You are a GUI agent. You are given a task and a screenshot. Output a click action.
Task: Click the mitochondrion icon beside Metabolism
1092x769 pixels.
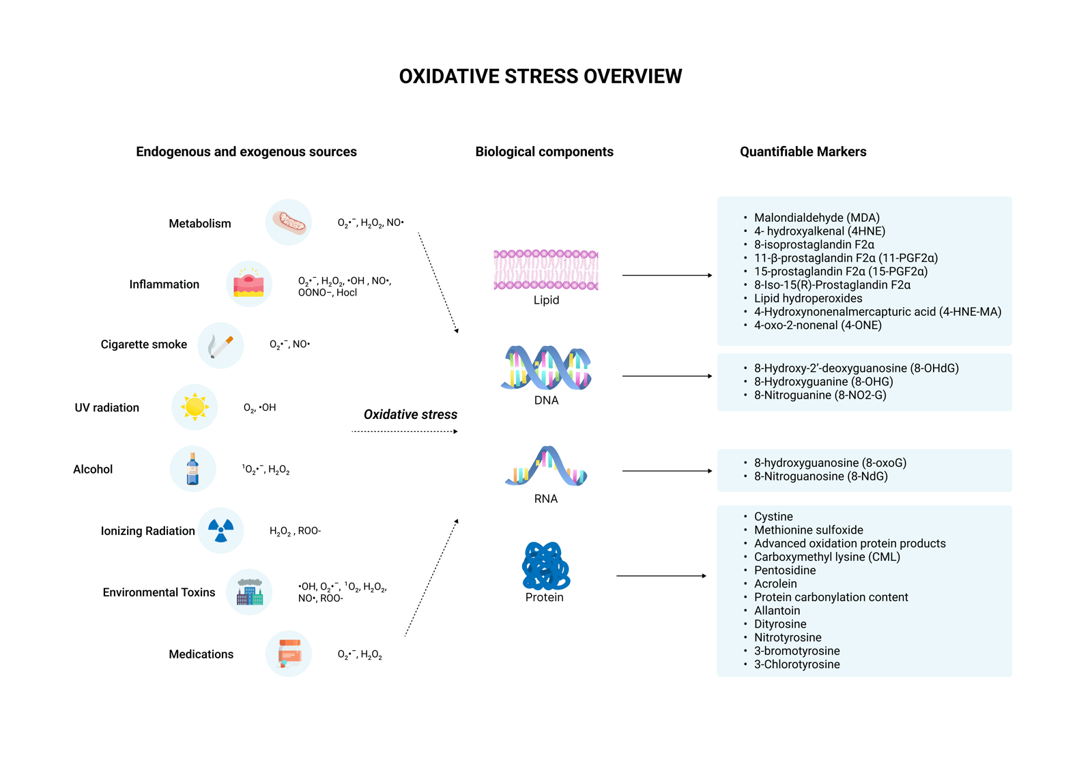[x=289, y=222]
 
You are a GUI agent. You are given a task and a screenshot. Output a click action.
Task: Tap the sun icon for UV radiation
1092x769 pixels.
[x=195, y=407]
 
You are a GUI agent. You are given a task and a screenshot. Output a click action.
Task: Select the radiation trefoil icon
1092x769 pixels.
[x=220, y=530]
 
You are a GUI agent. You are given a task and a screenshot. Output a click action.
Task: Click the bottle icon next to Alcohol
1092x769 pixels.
[x=192, y=469]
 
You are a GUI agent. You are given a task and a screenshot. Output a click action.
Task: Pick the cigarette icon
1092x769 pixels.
[x=220, y=345]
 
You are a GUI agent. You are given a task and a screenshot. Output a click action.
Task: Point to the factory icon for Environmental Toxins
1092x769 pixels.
[x=249, y=592]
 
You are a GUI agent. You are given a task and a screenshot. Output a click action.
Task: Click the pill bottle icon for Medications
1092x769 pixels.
[x=289, y=654]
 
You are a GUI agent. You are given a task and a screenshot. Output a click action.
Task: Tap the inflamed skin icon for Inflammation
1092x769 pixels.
[x=248, y=284]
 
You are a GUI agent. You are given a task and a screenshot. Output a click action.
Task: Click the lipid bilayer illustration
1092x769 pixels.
[x=546, y=270]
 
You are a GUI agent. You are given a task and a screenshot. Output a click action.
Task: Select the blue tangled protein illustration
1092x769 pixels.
[x=545, y=566]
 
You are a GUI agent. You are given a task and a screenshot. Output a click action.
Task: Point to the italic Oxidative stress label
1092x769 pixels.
[x=410, y=414]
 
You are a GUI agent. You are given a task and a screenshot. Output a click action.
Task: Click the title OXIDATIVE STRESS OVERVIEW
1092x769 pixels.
[x=541, y=76]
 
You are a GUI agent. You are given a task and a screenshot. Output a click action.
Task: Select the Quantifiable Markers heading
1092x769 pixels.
[x=803, y=151]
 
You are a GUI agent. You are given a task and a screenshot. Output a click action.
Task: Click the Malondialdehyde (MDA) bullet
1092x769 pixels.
[x=816, y=218]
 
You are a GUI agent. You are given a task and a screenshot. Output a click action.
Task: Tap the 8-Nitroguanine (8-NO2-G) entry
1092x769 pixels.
[x=820, y=395]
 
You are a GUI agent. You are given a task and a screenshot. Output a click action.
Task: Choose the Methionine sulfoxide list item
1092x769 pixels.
[x=808, y=530]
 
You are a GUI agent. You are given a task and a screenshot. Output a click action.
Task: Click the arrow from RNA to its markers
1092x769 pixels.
[x=667, y=471]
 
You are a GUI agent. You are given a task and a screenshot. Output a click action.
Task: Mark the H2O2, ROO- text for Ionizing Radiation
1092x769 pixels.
[x=295, y=531]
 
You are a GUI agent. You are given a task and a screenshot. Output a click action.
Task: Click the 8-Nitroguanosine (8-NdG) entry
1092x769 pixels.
[x=820, y=476]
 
